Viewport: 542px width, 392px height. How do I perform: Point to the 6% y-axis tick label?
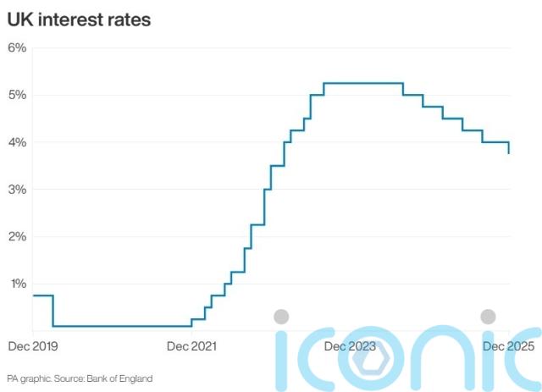click(x=18, y=47)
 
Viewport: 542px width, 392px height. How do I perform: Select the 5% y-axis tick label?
click(x=18, y=95)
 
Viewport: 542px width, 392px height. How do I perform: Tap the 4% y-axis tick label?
click(x=18, y=142)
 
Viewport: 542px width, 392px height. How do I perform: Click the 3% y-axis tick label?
click(x=18, y=190)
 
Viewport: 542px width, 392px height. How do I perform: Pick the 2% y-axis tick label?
click(x=18, y=236)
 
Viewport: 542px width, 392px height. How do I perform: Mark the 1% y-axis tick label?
click(x=18, y=284)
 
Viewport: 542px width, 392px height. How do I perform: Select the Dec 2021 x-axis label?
click(x=192, y=346)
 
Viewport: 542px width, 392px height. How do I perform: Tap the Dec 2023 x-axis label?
click(x=350, y=346)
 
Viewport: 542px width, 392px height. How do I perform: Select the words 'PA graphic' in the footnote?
click(x=25, y=378)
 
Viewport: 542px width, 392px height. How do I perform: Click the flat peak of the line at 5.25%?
click(x=362, y=83)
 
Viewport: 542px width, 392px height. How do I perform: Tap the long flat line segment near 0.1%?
click(x=123, y=326)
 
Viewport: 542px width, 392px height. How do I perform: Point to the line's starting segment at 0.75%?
click(x=42, y=295)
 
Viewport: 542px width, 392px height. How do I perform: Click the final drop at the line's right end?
click(x=509, y=148)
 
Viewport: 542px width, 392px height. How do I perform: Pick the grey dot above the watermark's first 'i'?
click(x=281, y=317)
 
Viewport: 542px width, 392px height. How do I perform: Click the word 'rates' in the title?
click(x=127, y=19)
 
